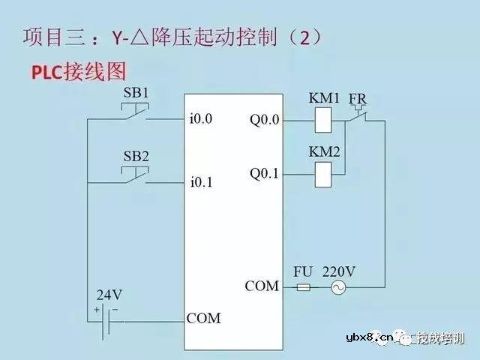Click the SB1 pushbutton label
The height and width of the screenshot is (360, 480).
135,93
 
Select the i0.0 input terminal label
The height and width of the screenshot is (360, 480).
202,118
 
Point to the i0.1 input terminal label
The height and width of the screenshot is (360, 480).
202,181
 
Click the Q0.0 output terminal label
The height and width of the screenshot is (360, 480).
264,118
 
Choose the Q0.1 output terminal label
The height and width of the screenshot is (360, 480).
264,174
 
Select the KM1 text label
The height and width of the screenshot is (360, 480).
324,97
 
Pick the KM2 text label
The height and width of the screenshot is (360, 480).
324,152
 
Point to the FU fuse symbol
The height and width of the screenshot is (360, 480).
304,287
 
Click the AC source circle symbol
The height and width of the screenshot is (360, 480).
338,287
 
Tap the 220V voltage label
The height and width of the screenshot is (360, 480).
338,269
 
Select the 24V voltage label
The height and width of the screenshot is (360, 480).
109,294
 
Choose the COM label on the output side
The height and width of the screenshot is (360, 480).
262,286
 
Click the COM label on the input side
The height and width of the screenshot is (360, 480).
204,318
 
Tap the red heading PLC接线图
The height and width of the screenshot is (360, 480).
77,71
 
